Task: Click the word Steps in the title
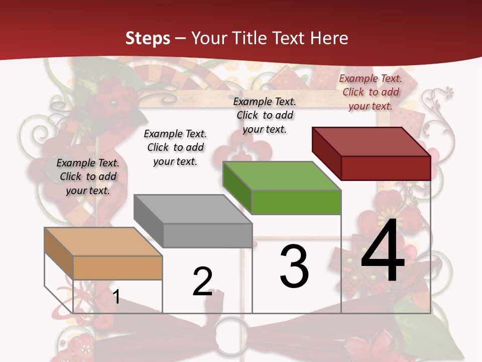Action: coord(148,38)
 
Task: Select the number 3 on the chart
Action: coord(294,266)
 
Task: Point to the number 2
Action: coord(203,282)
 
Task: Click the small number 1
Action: coord(116,297)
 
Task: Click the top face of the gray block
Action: coord(193,209)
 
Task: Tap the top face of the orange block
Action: coord(103,242)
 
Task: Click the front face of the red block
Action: coord(386,168)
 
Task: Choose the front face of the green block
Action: coord(296,202)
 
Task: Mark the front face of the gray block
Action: coord(207,235)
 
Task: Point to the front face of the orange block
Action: coord(117,267)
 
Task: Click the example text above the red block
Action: coord(371,92)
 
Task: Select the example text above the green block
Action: coord(265,115)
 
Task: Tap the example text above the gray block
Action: coord(175,147)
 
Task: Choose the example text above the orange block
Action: coord(88,176)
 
